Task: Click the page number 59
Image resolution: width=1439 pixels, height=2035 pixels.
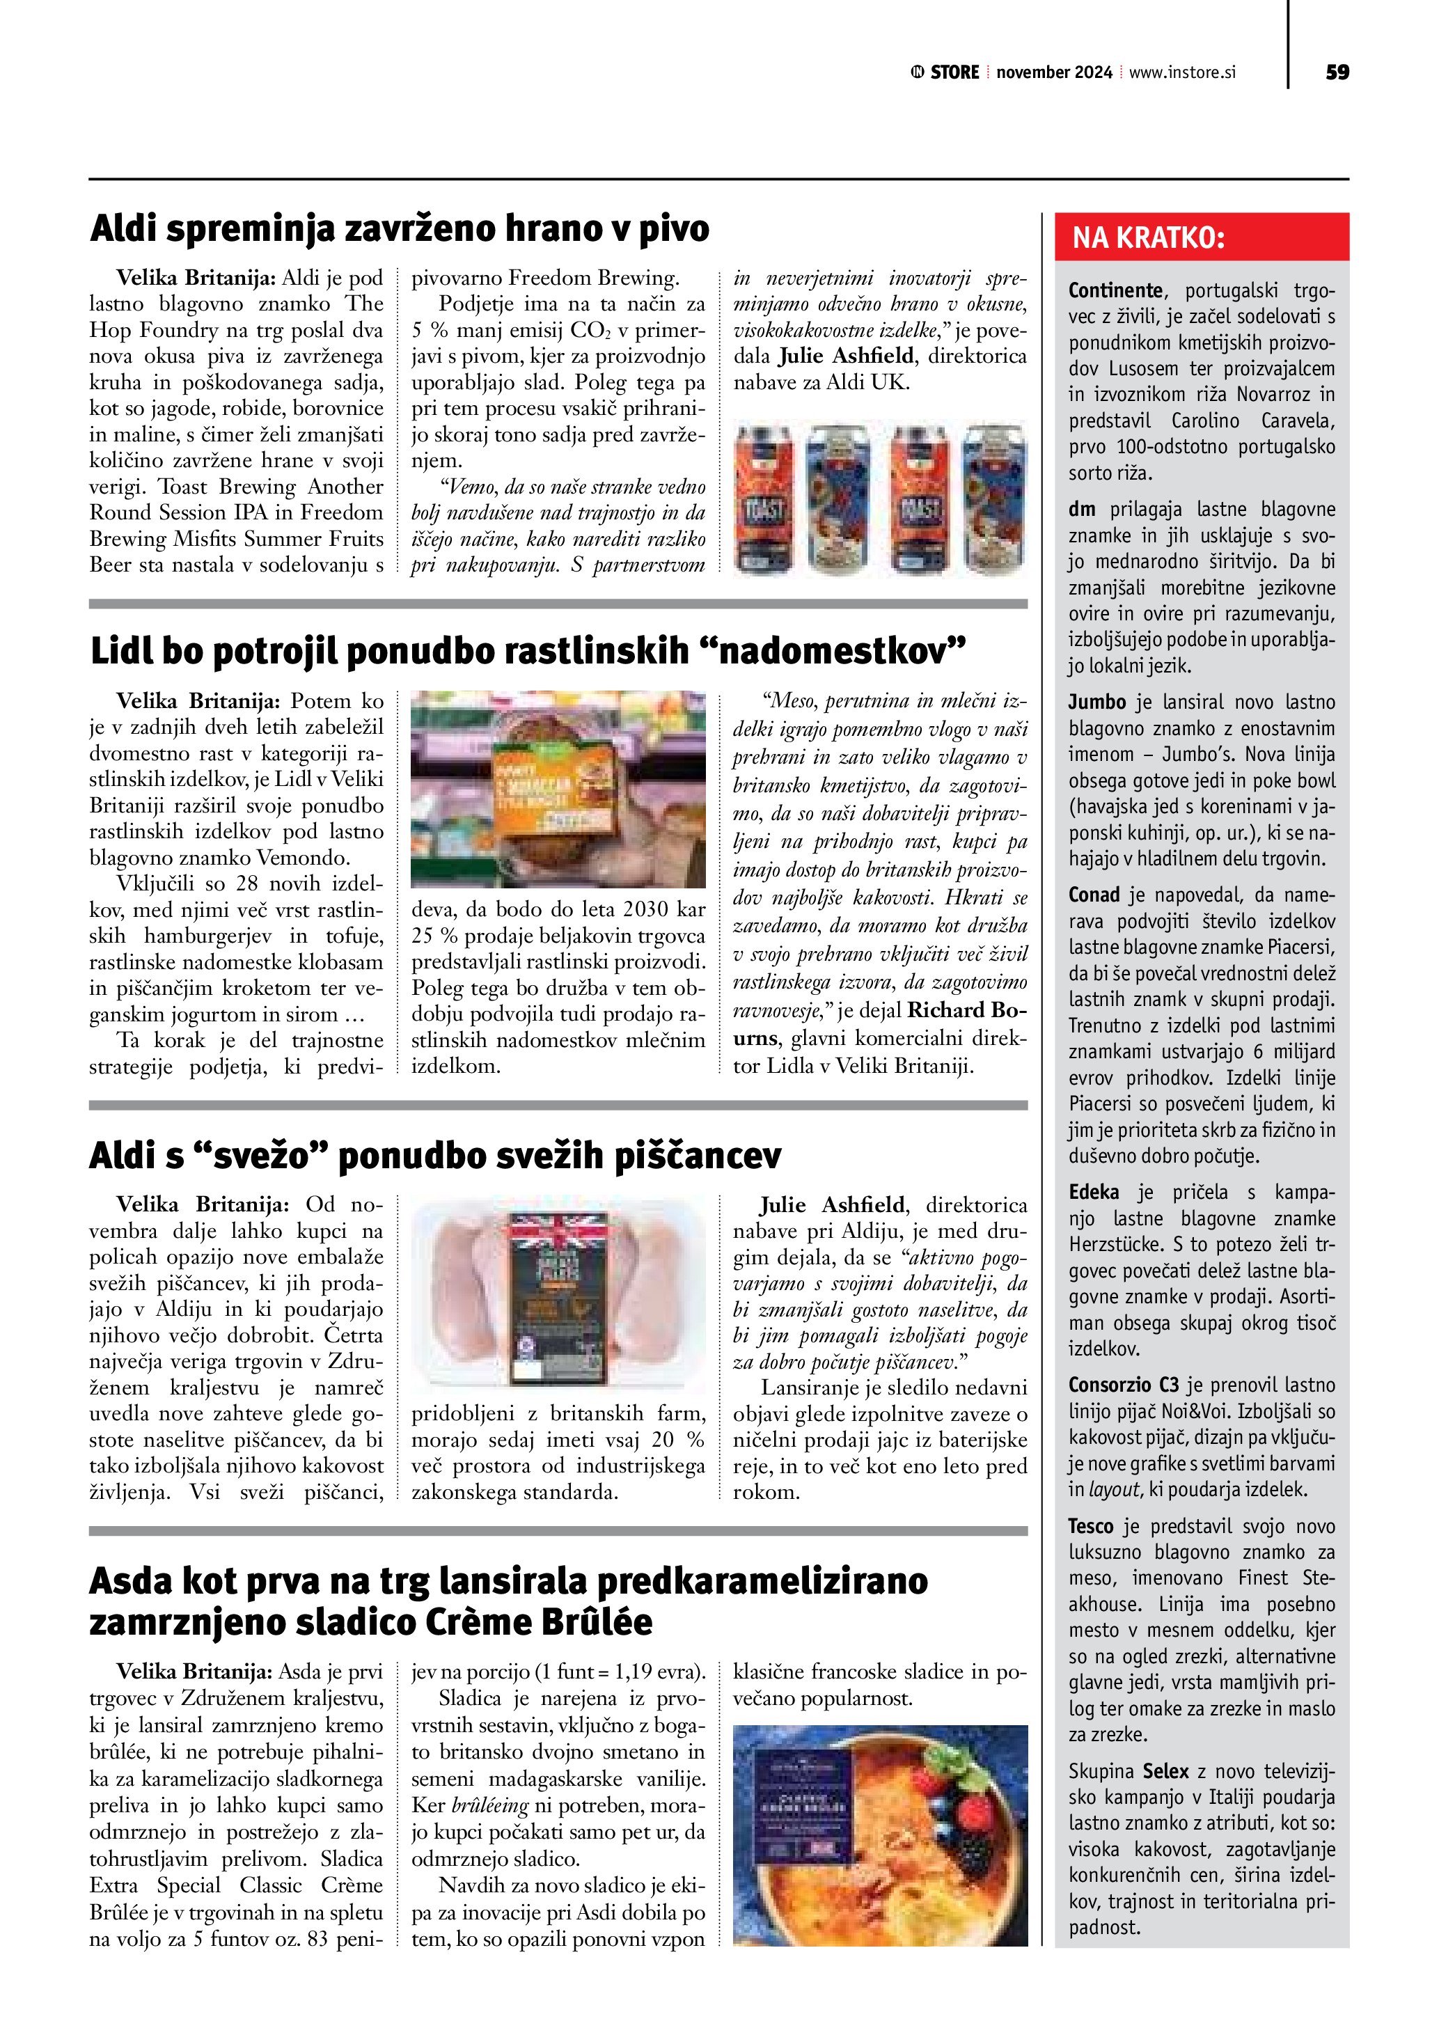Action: (1336, 72)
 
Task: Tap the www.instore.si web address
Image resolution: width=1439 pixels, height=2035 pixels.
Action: (1182, 72)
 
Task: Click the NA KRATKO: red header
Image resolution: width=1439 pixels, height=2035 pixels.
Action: (1149, 237)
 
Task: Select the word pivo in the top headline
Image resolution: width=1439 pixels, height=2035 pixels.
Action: (673, 228)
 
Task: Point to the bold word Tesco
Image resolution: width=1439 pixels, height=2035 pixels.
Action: (1092, 1526)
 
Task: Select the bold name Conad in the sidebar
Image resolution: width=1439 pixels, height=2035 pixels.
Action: (1094, 895)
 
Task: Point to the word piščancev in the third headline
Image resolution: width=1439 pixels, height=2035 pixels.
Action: (694, 1156)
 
